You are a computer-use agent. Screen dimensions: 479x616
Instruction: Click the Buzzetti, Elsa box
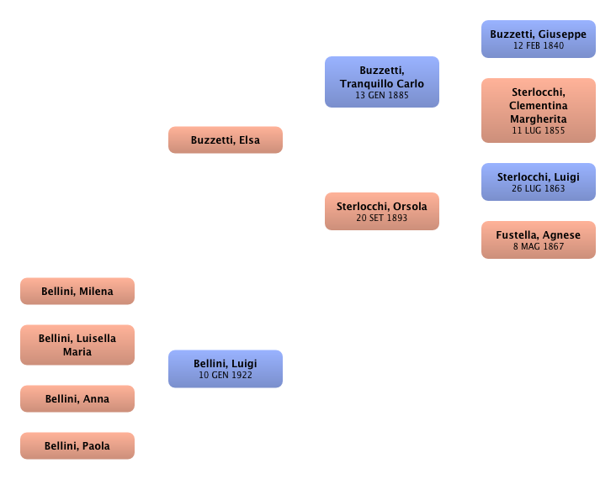click(x=226, y=140)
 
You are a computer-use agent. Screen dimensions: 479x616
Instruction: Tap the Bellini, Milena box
click(x=77, y=292)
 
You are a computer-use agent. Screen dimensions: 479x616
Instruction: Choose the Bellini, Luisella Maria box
click(x=77, y=345)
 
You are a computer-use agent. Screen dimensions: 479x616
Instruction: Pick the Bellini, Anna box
click(x=77, y=399)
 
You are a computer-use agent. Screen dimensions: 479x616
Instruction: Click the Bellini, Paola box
click(x=77, y=446)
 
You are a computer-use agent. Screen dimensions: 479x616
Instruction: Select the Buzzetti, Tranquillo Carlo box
click(x=382, y=82)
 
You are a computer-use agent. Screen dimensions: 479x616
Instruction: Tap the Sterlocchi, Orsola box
click(x=382, y=212)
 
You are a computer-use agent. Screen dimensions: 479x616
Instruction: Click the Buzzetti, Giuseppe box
click(x=539, y=39)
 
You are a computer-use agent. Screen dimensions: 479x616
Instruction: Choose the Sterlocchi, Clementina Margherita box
click(x=539, y=110)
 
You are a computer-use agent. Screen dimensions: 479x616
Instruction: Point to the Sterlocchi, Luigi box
click(x=539, y=182)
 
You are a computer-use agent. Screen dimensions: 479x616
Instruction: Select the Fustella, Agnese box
click(x=539, y=240)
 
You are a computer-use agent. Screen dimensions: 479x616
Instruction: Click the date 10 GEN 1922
click(x=226, y=375)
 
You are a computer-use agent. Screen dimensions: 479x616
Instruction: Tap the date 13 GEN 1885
click(x=382, y=96)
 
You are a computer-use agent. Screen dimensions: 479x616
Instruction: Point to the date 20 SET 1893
click(x=382, y=218)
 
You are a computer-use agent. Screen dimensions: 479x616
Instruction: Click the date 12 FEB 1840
click(x=539, y=45)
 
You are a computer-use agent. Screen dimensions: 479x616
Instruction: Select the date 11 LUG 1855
click(x=539, y=131)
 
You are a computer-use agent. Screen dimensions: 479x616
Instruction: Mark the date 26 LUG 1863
click(x=539, y=188)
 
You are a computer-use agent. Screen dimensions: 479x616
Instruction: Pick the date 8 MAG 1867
click(x=539, y=246)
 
